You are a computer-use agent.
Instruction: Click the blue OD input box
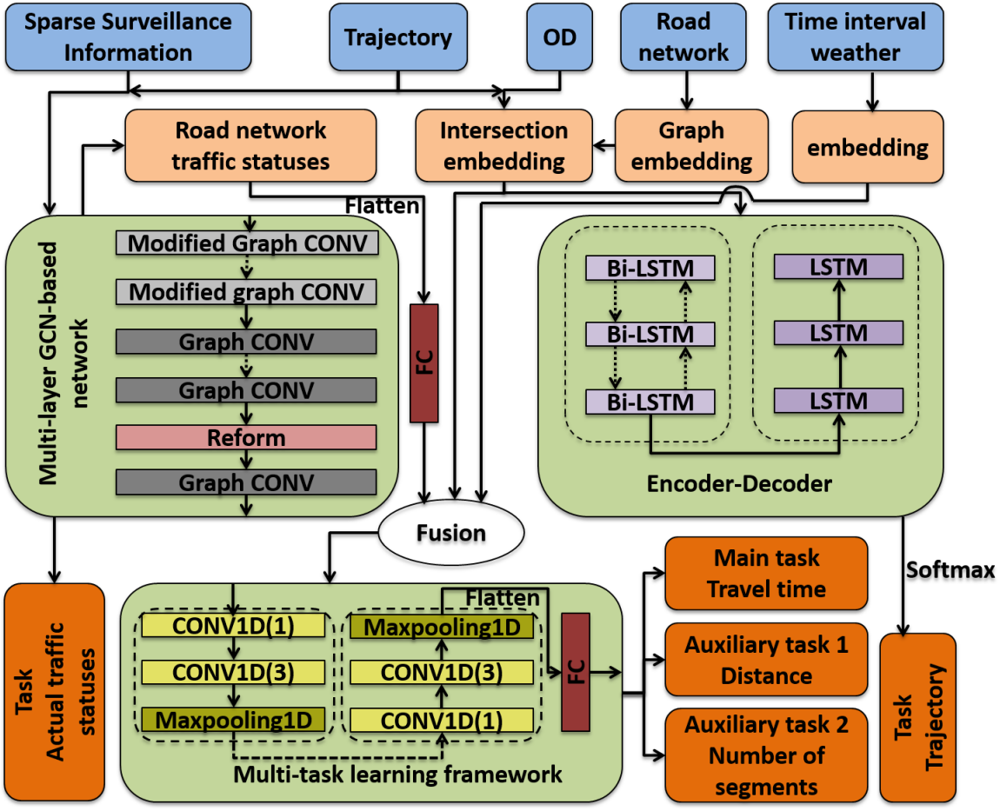559,37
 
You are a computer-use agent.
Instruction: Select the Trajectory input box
397,37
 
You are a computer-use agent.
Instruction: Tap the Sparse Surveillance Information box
128,37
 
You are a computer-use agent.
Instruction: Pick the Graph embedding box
691,145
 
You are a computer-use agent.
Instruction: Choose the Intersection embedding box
503,145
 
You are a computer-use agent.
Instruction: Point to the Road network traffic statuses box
252,145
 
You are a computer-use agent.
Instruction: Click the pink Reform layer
246,438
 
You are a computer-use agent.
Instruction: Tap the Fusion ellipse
450,532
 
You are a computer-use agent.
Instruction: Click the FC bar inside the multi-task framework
576,671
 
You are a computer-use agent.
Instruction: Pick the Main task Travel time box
766,573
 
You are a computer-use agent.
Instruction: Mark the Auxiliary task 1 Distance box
766,660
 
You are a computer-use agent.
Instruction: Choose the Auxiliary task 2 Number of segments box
766,754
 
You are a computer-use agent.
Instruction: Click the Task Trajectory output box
917,717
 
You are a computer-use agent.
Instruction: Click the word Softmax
950,569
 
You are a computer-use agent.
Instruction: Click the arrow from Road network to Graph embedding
688,91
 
